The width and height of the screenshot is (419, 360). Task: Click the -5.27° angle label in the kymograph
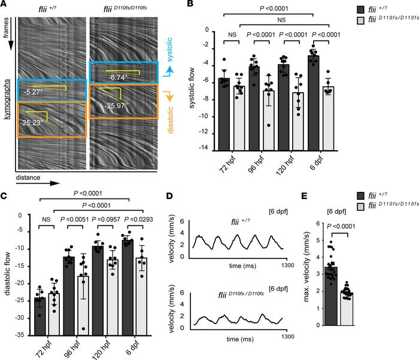coord(34,93)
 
